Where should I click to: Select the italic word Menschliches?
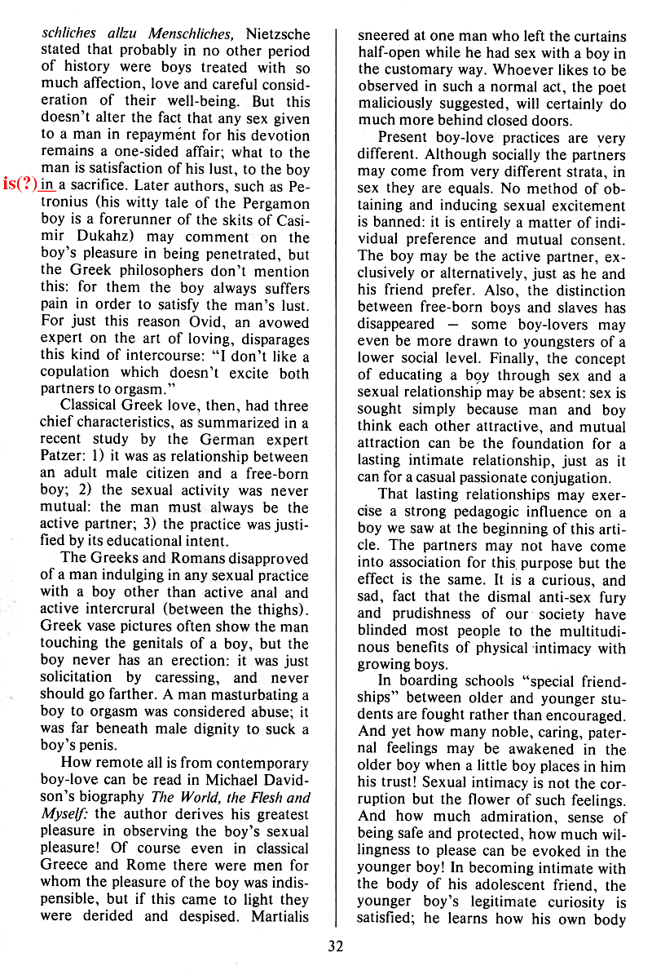tap(192, 33)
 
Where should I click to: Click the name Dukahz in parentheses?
tap(95, 238)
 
